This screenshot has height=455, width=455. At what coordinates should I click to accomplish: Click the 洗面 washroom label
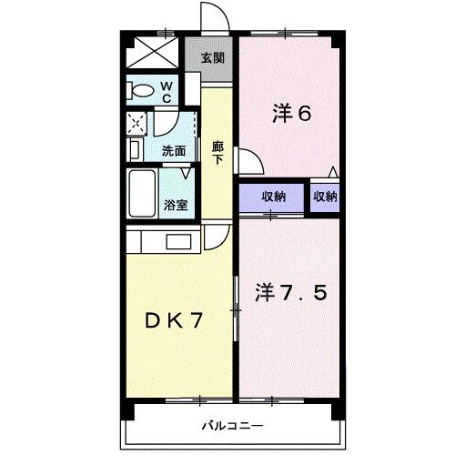click(175, 151)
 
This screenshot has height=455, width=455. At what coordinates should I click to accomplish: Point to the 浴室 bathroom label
click(176, 205)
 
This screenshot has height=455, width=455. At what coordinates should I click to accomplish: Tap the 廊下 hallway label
click(217, 151)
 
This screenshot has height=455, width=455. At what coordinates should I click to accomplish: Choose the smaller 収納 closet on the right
click(326, 197)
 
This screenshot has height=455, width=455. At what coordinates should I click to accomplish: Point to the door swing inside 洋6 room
click(251, 162)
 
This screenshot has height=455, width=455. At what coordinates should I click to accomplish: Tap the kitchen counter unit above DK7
click(164, 241)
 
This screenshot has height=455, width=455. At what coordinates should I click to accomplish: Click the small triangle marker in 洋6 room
click(334, 172)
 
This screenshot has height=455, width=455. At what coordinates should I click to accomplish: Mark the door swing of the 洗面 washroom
click(166, 123)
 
